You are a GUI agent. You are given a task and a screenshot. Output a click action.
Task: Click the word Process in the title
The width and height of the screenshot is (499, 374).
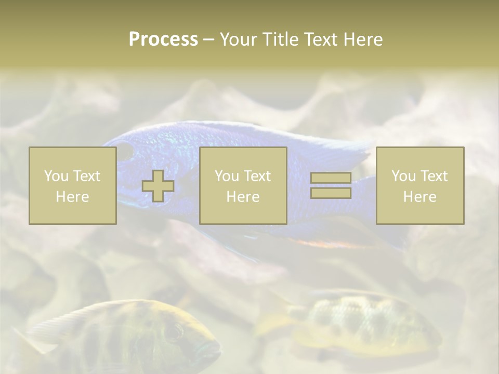click(x=163, y=39)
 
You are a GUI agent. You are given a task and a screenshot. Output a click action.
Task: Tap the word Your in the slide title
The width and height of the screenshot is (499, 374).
click(x=239, y=39)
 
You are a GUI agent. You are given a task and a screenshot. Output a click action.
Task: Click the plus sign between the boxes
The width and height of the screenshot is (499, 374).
click(x=158, y=186)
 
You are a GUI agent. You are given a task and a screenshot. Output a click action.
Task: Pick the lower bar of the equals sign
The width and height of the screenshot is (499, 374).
click(x=331, y=193)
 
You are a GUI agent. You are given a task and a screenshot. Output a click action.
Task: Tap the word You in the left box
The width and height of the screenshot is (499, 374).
click(x=56, y=176)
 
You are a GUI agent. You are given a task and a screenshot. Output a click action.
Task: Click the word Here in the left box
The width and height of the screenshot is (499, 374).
click(x=72, y=197)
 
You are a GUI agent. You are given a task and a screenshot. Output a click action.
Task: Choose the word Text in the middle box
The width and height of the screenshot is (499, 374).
click(x=257, y=176)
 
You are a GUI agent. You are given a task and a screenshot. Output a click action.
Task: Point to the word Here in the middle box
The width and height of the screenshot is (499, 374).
click(x=243, y=197)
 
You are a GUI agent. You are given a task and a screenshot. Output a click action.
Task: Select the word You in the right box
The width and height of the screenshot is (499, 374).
click(x=403, y=176)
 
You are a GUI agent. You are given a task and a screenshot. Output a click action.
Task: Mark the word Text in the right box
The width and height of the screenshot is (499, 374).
click(x=434, y=176)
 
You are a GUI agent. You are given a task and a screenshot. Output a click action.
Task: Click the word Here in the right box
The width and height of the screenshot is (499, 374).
click(x=419, y=197)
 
